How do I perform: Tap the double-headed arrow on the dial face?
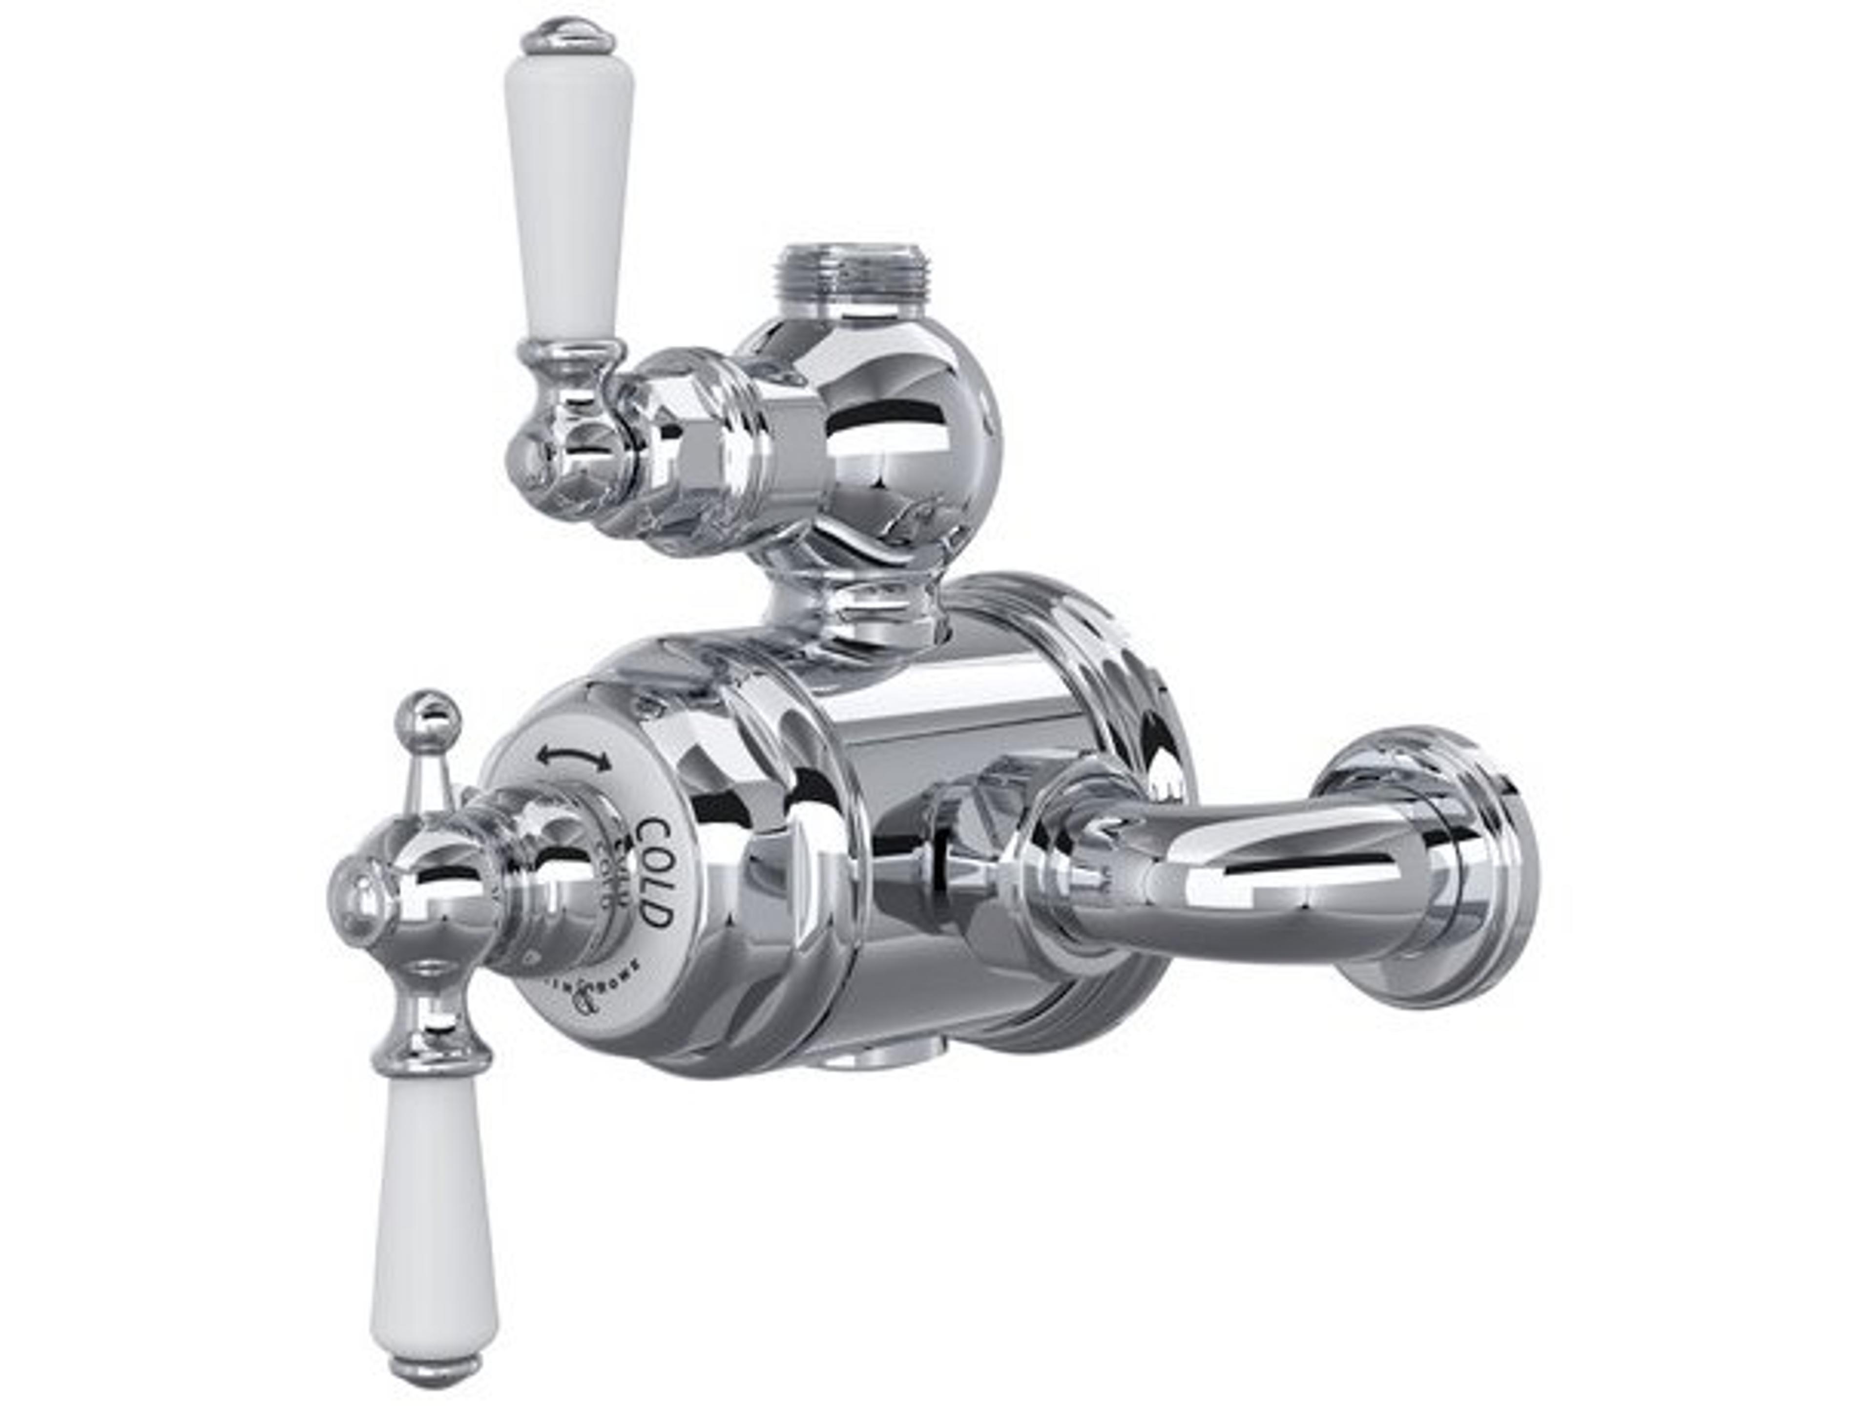(578, 757)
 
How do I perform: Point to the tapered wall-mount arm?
(1229, 873)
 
